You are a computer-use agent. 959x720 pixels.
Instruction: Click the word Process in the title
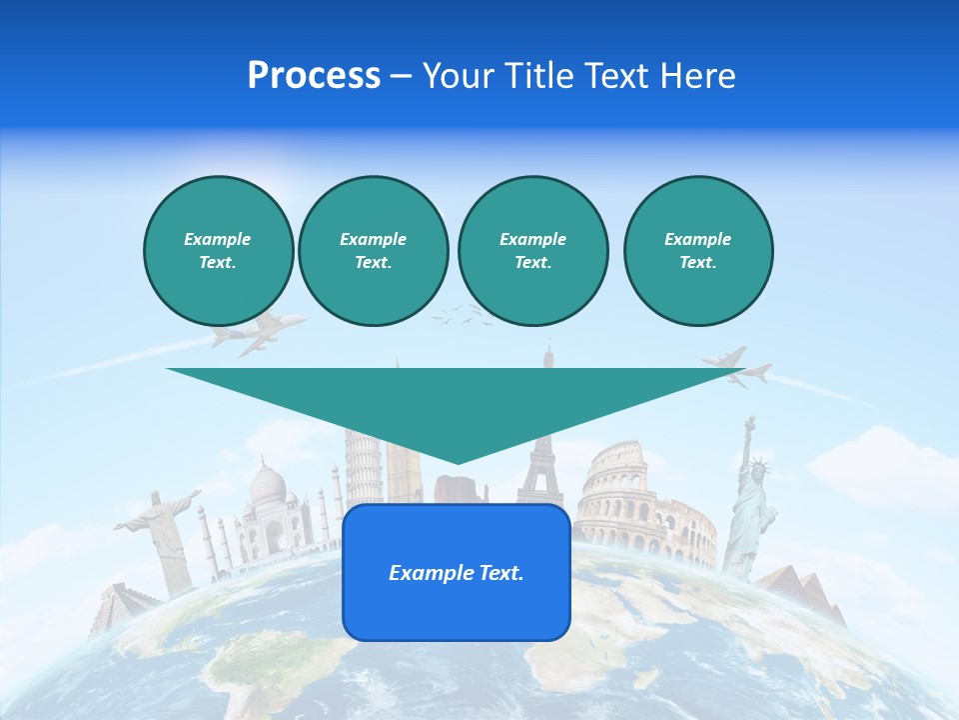click(314, 76)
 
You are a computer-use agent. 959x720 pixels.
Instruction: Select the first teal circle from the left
click(218, 251)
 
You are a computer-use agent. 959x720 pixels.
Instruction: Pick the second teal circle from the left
click(373, 251)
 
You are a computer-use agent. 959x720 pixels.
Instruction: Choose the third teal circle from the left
click(532, 251)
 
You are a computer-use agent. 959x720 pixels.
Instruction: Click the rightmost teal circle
click(697, 251)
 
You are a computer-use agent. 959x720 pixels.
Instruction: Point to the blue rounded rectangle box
click(457, 572)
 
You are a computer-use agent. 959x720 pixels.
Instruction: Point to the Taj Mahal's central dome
click(267, 485)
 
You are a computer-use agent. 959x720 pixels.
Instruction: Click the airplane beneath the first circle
click(255, 333)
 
